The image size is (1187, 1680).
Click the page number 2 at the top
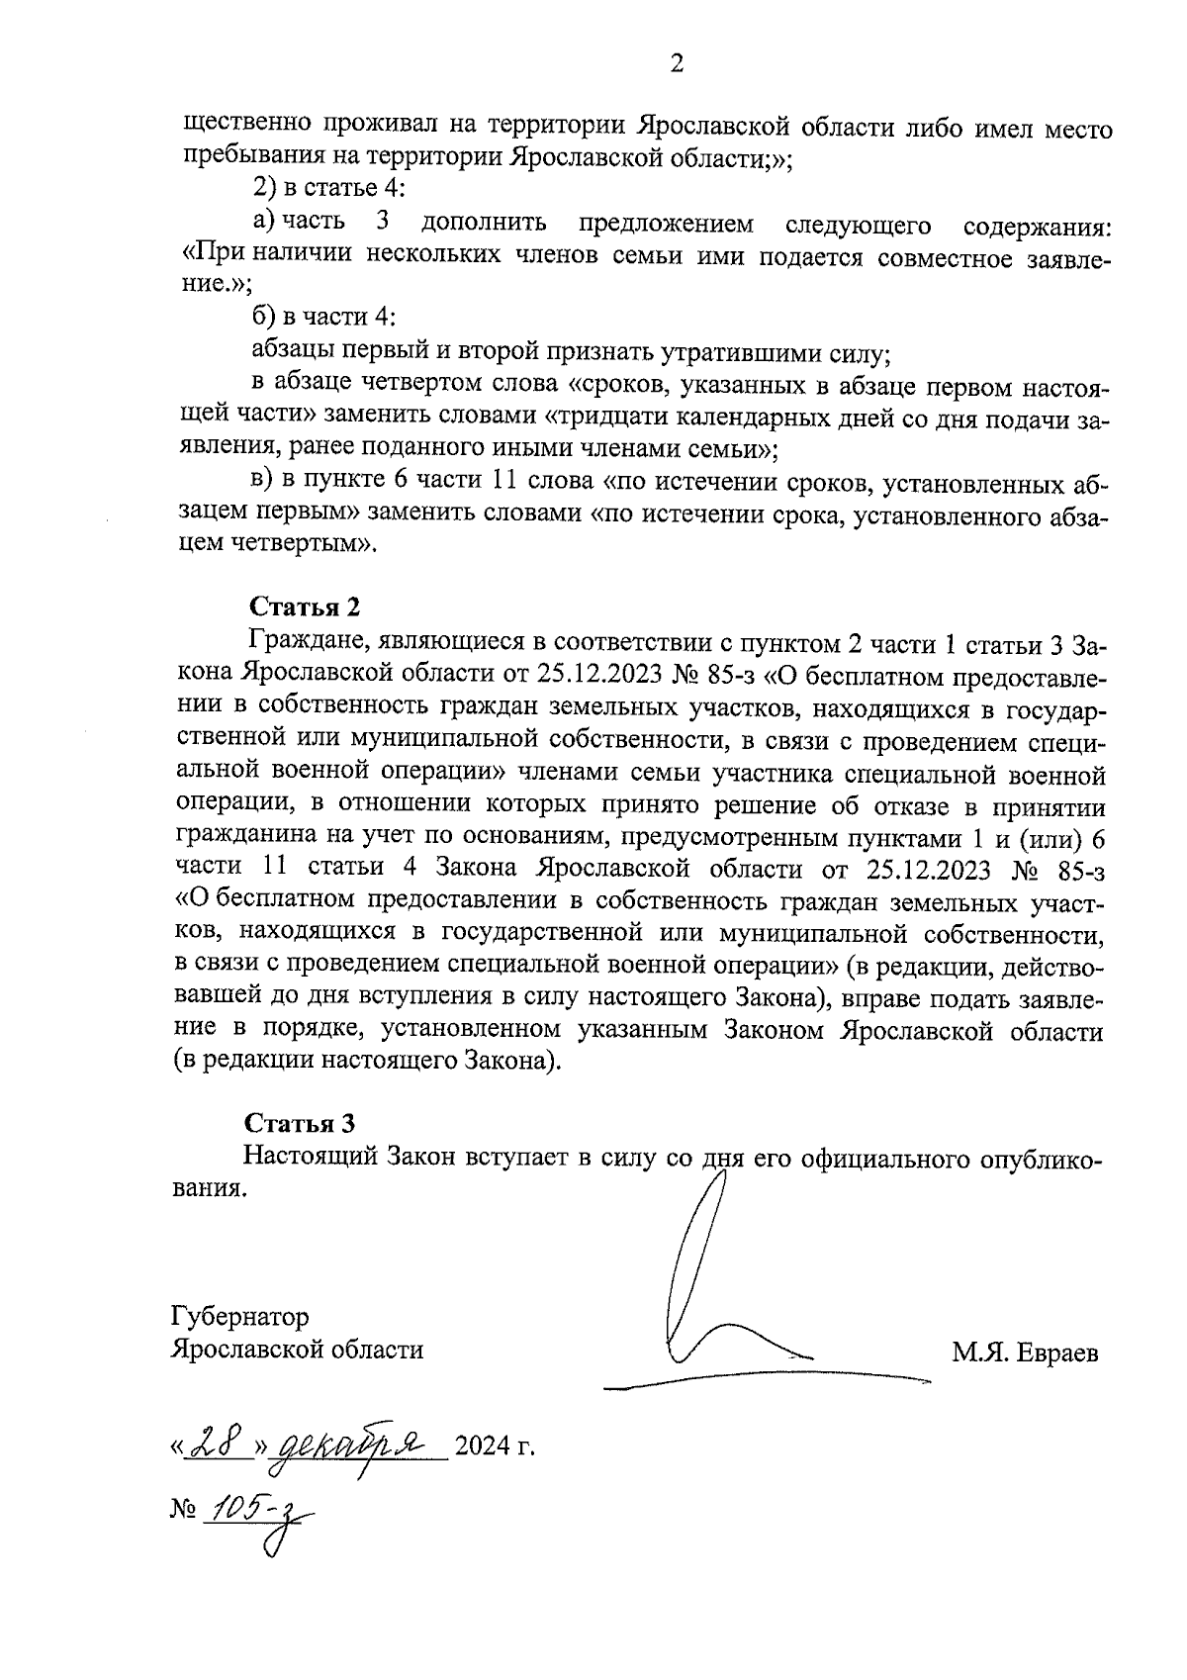pyautogui.click(x=677, y=65)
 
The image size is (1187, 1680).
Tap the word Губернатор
pyautogui.click(x=239, y=1317)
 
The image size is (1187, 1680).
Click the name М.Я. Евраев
pyautogui.click(x=1025, y=1353)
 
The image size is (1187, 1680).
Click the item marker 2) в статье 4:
pyautogui.click(x=323, y=188)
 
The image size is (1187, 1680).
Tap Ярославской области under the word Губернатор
pyautogui.click(x=297, y=1350)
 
